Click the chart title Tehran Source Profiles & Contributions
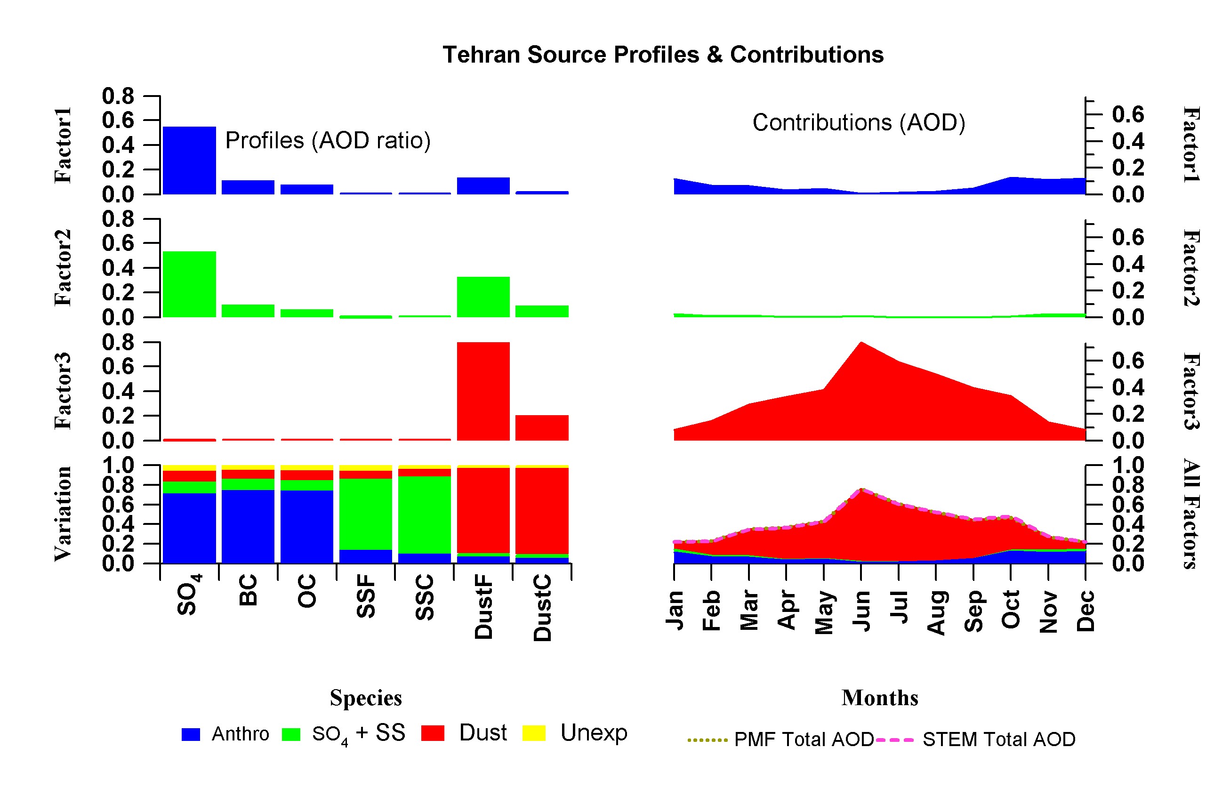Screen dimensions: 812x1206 (x=663, y=55)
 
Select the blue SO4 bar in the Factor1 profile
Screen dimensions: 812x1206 (x=189, y=161)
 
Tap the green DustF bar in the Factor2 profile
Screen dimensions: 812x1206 (x=483, y=297)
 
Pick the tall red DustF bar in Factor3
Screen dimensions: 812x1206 (x=483, y=391)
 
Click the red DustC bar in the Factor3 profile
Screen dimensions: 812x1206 (x=542, y=428)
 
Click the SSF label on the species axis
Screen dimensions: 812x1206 (x=366, y=596)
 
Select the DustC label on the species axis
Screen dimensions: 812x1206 (x=542, y=608)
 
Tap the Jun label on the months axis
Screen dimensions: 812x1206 (x=861, y=611)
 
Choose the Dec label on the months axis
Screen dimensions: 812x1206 (x=1085, y=611)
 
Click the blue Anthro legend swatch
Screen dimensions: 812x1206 (x=191, y=734)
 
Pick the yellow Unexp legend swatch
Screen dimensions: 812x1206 (x=534, y=733)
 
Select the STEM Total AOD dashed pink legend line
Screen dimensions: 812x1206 (x=894, y=740)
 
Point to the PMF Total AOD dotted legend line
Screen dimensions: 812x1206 (x=708, y=740)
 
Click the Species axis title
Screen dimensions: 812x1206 (x=366, y=698)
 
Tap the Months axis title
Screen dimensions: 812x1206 (x=880, y=698)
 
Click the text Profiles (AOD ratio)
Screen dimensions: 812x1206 (x=328, y=141)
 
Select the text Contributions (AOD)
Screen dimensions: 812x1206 (x=859, y=123)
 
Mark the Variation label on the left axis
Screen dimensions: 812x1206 (x=63, y=514)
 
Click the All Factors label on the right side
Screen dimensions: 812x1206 (x=1190, y=514)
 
